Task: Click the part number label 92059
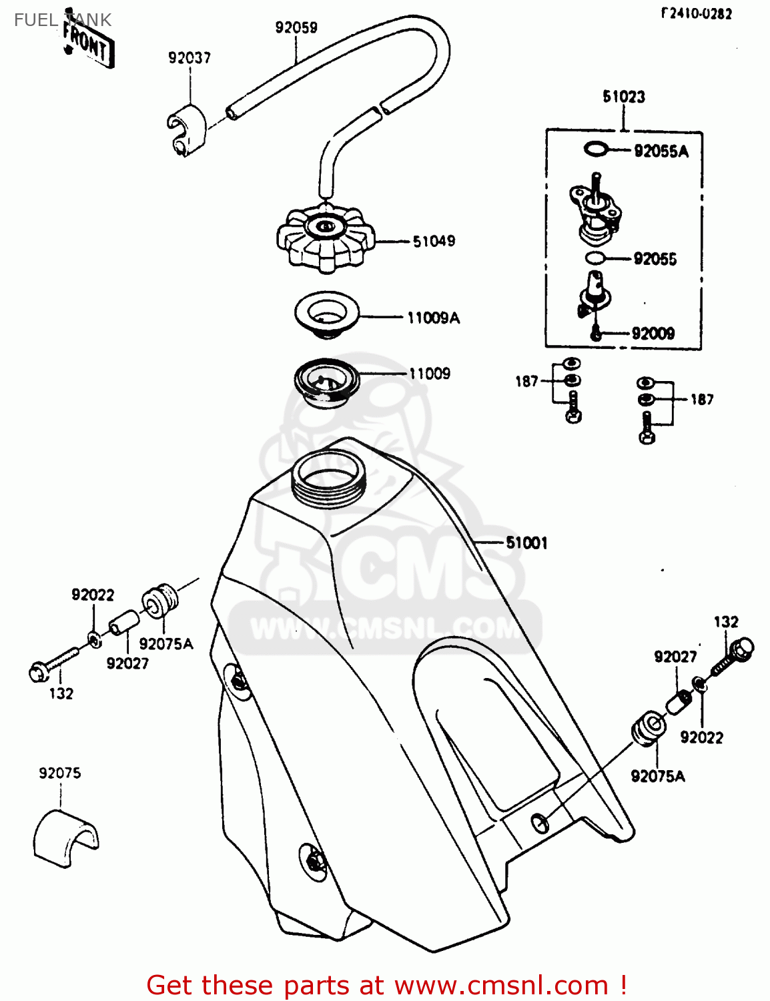tap(296, 27)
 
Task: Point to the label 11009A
tap(433, 318)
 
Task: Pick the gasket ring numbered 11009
tap(326, 383)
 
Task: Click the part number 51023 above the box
tap(624, 97)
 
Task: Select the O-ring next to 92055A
tap(595, 149)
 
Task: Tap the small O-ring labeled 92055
tap(595, 258)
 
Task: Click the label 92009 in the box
tap(653, 333)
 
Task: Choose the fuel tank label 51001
tap(526, 543)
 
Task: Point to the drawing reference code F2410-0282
tap(696, 13)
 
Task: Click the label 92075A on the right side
tap(657, 776)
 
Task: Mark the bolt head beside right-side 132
tap(741, 648)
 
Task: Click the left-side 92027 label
tap(127, 663)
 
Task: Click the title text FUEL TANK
tap(63, 20)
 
